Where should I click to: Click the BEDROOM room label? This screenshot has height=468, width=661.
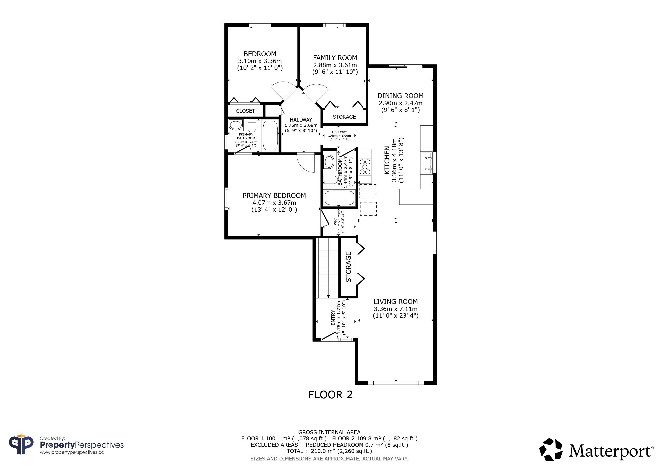pos(260,54)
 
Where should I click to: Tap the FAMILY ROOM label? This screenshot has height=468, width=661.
pos(335,58)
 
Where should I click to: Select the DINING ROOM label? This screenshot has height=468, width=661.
pos(401,96)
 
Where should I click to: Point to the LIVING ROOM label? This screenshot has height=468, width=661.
pos(396,302)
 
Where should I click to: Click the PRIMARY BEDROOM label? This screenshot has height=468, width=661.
pos(274,196)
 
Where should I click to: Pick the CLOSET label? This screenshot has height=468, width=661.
pos(245,111)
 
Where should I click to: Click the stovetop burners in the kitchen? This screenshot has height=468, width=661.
pos(365,167)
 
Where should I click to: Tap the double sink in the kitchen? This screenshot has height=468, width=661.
pos(427,163)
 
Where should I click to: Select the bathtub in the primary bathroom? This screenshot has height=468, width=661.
pos(270,136)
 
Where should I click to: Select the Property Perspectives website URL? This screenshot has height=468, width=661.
pos(72,452)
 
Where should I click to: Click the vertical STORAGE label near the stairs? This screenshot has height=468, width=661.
pos(348,267)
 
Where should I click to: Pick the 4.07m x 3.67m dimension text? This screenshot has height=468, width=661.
pos(274,203)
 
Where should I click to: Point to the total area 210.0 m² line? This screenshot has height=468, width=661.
pos(329,451)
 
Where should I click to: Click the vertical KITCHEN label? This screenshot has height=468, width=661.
pos(387,160)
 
